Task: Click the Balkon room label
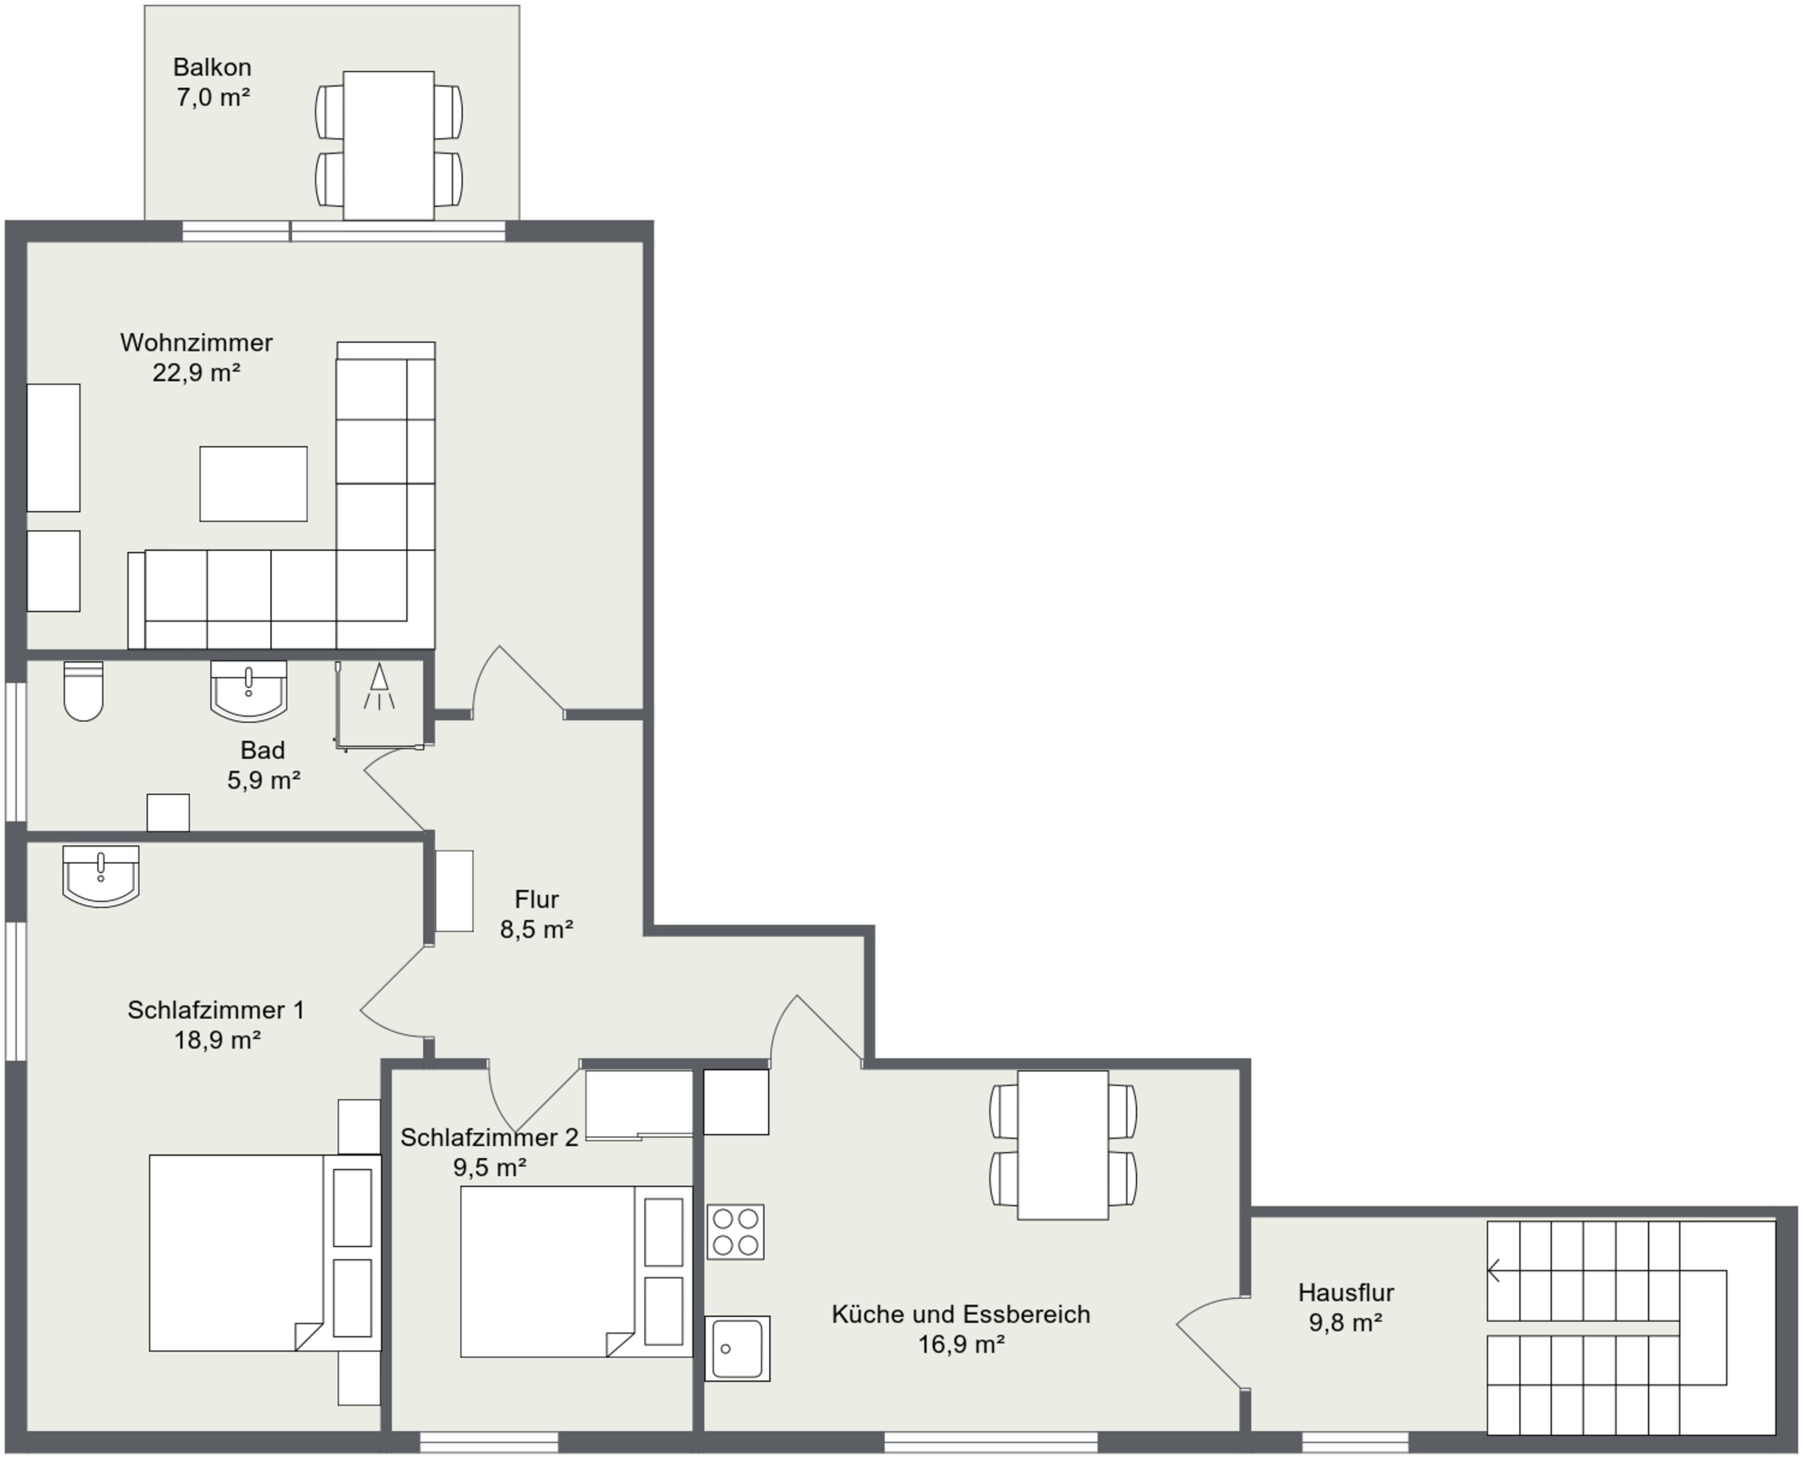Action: [x=212, y=67]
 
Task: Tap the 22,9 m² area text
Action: [x=197, y=373]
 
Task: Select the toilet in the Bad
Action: [x=84, y=691]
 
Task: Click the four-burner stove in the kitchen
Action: [x=736, y=1232]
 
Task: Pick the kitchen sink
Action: [x=737, y=1348]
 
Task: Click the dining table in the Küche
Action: [x=1063, y=1145]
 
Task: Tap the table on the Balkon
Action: [x=389, y=146]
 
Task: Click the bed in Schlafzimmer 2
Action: [x=576, y=1271]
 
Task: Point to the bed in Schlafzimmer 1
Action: [x=265, y=1253]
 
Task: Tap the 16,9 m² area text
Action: [x=962, y=1344]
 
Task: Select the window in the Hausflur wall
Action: [x=1355, y=1444]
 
